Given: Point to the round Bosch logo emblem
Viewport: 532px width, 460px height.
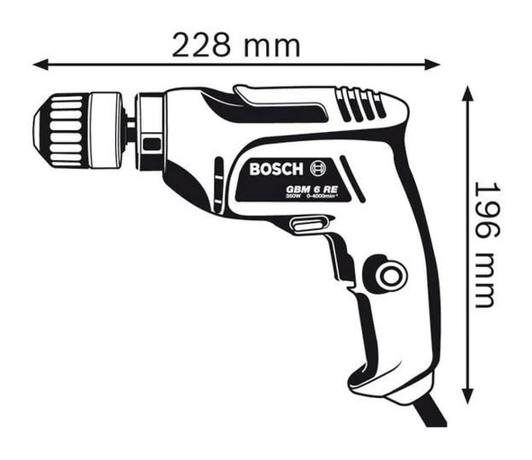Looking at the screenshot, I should coord(318,167).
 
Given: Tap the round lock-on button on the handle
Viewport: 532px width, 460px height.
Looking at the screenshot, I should coord(390,275).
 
